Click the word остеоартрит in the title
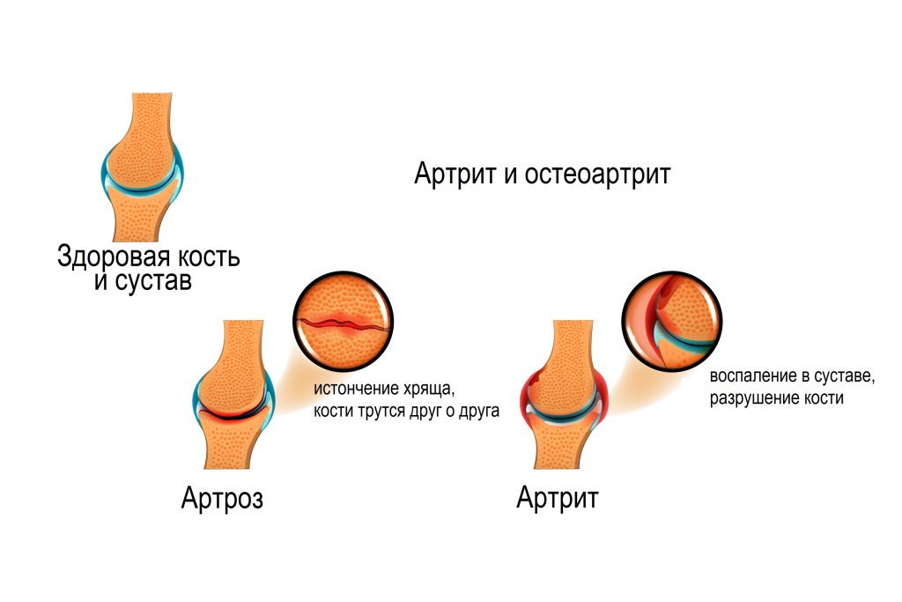[x=597, y=175]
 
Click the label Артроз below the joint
[x=222, y=499]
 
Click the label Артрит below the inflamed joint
[x=558, y=499]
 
